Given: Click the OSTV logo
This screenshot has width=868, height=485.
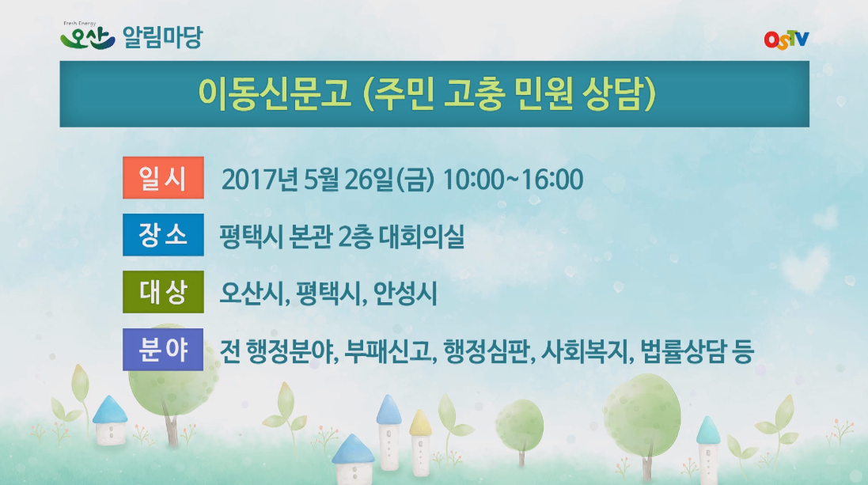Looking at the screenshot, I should pos(787,40).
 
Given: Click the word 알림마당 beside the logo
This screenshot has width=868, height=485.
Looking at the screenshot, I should pos(161,37).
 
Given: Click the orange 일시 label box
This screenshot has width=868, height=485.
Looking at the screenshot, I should pos(163,178).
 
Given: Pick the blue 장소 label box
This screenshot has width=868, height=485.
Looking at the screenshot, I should pos(163,236).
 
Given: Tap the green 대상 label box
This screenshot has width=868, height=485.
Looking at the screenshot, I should pos(163,293).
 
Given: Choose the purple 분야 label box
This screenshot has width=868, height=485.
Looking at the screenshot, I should pos(163,350).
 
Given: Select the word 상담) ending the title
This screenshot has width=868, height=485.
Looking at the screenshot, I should pos(625,93).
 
